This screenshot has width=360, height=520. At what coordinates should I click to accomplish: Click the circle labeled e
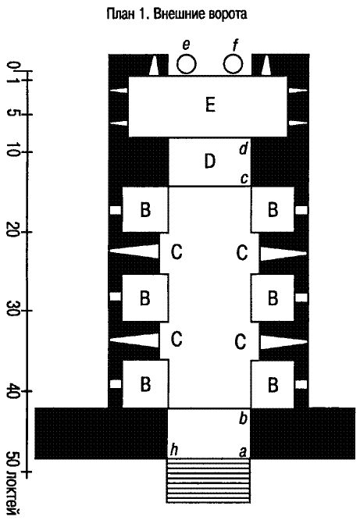pyautogui.click(x=186, y=64)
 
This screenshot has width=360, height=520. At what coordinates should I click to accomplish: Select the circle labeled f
pyautogui.click(x=233, y=64)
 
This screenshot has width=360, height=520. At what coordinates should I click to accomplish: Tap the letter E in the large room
pyautogui.click(x=210, y=105)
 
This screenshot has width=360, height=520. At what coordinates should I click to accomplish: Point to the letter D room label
pyautogui.click(x=210, y=162)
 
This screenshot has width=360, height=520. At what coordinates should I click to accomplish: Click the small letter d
pyautogui.click(x=244, y=148)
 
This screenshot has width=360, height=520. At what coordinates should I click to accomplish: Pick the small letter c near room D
pyautogui.click(x=244, y=179)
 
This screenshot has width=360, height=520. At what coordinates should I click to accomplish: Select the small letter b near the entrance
pyautogui.click(x=243, y=418)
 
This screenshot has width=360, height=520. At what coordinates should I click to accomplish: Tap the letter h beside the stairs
pyautogui.click(x=174, y=450)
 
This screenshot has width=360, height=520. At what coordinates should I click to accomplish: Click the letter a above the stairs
pyautogui.click(x=243, y=452)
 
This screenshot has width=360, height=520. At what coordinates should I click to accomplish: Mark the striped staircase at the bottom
pyautogui.click(x=208, y=481)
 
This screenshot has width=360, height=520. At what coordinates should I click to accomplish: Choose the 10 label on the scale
pyautogui.click(x=13, y=152)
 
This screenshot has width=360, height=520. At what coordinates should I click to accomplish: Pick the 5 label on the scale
pyautogui.click(x=13, y=115)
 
